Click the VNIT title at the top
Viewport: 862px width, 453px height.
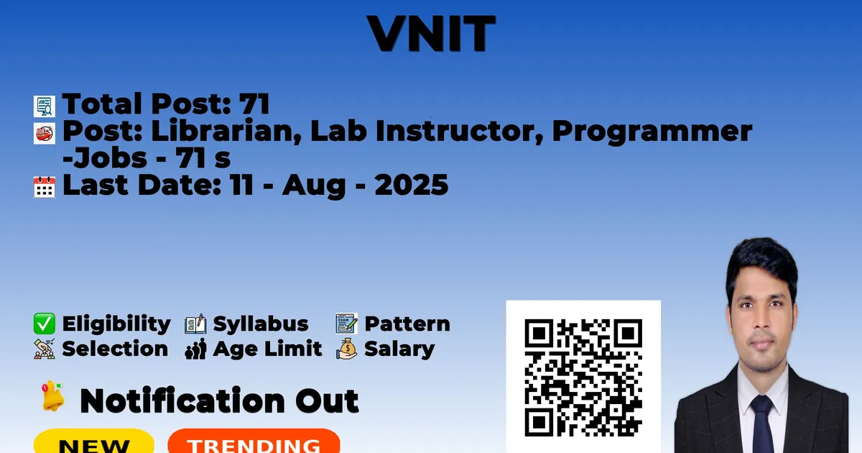[x=432, y=34]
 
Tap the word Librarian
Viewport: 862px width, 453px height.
[x=226, y=132]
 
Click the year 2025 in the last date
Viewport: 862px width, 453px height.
[x=412, y=185]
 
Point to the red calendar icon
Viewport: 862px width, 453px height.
[x=45, y=187]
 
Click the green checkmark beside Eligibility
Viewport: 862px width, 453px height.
[x=45, y=324]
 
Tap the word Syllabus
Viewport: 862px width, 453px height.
[x=261, y=324]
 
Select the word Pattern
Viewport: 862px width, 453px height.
[x=407, y=324]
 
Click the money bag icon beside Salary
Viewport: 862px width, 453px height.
[x=347, y=349]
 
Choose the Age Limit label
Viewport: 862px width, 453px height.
[x=267, y=349]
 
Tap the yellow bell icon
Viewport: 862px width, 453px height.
[x=52, y=395]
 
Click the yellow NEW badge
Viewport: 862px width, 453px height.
[x=94, y=441]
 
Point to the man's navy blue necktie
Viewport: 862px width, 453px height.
[x=762, y=424]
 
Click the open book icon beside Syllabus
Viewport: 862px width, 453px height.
[x=195, y=324]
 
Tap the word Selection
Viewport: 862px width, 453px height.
[x=115, y=349]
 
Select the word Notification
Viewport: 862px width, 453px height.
[x=182, y=401]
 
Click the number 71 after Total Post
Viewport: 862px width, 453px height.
[x=254, y=104]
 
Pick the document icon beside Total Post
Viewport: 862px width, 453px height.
[x=45, y=106]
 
